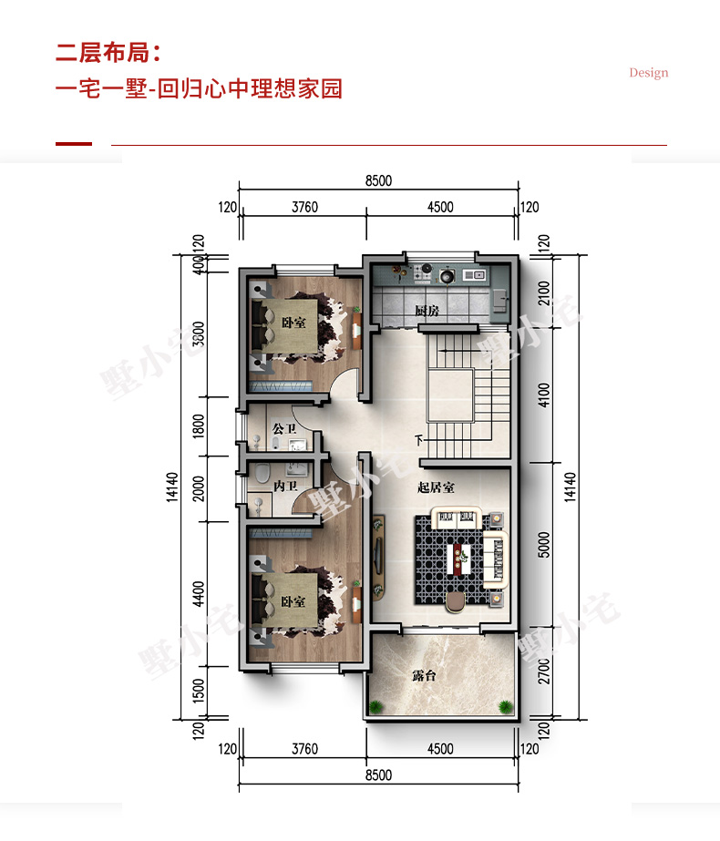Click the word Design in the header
[649, 73]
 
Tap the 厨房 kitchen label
[427, 311]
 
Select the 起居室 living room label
[436, 487]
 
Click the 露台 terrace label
[424, 675]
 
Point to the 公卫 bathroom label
[283, 428]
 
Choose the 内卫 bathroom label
[285, 486]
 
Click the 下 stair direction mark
[419, 440]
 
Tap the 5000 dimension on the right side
[544, 544]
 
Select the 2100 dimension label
[544, 292]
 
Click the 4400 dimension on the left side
[199, 594]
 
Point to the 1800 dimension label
[199, 426]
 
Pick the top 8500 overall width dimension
[379, 180]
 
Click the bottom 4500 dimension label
[440, 749]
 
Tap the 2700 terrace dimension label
[544, 671]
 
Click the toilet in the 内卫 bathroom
[262, 473]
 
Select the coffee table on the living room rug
[459, 559]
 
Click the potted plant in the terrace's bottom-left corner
[375, 706]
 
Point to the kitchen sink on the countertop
[474, 275]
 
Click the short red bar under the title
[74, 144]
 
